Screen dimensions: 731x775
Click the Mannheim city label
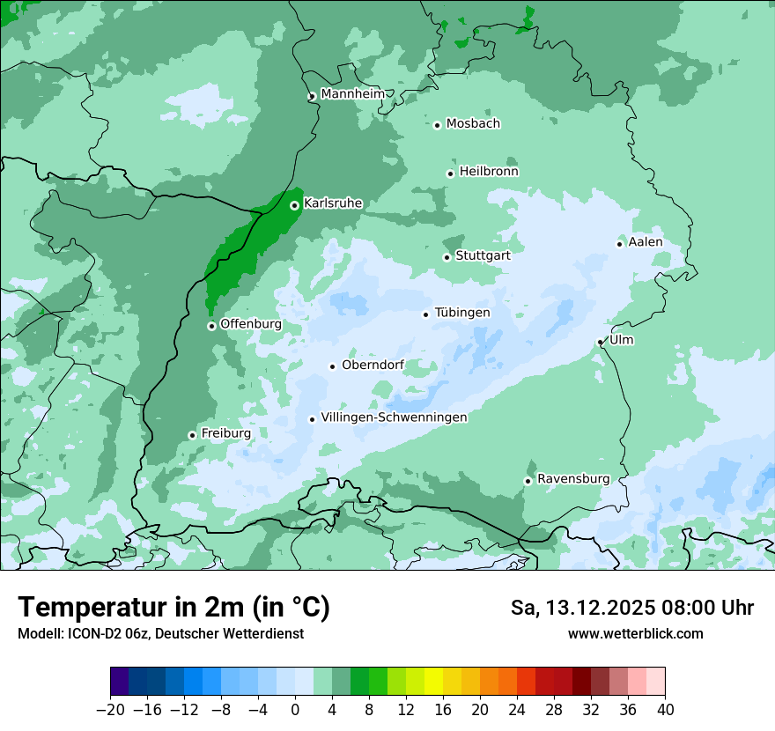352,93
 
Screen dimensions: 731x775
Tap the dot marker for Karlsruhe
294,205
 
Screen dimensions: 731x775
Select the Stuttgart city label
483,255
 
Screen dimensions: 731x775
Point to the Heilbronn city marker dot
450,174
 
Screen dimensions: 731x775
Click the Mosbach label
473,123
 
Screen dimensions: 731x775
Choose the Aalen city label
646,241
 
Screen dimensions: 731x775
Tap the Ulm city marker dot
600,342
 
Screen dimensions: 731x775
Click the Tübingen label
462,313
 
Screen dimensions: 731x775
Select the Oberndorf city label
373,365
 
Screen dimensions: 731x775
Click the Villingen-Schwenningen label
394,417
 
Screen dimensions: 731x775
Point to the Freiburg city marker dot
192,435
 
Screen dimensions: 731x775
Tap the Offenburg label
251,323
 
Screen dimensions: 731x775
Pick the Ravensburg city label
573,478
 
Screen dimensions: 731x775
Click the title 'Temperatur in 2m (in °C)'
173,607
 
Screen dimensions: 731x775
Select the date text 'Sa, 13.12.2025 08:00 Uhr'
631,608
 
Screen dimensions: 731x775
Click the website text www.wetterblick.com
635,633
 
